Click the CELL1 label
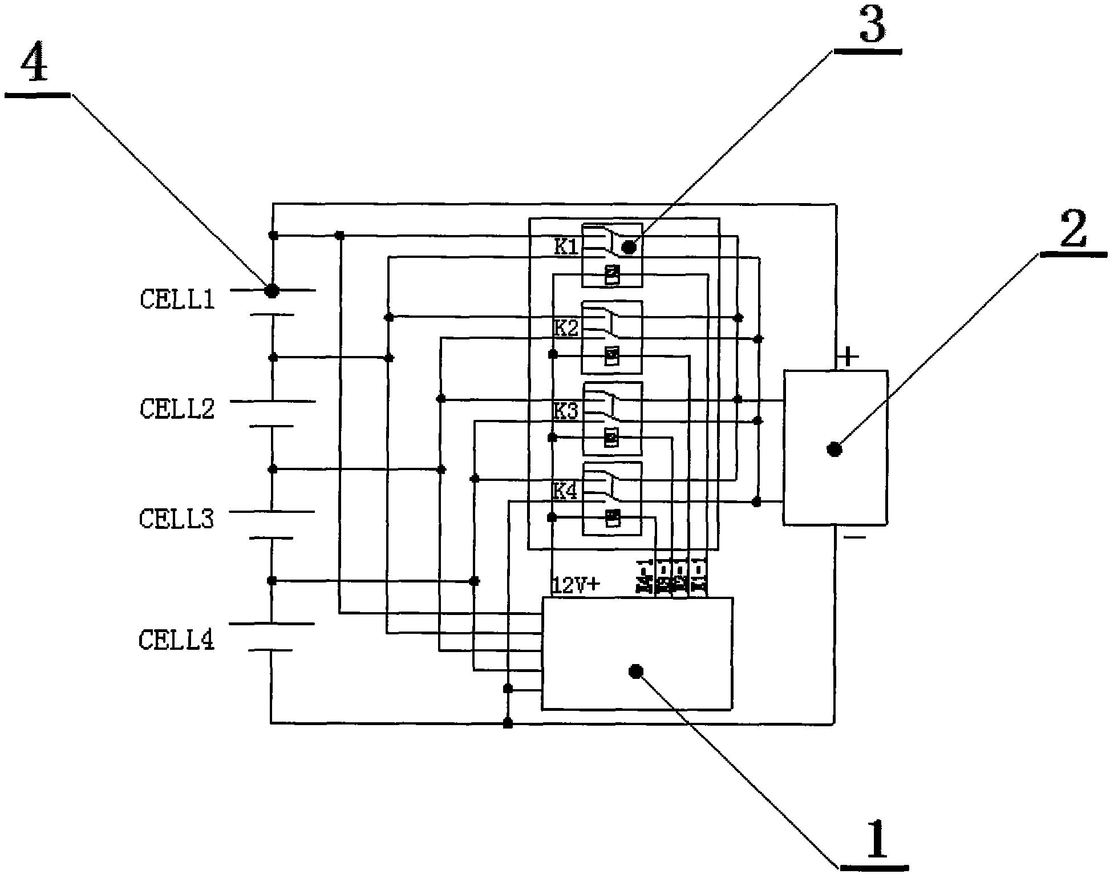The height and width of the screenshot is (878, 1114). pyautogui.click(x=177, y=300)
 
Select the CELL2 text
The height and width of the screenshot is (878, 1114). pyautogui.click(x=177, y=409)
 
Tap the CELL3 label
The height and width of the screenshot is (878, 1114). pyautogui.click(x=177, y=519)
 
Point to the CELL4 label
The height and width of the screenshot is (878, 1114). pyautogui.click(x=177, y=640)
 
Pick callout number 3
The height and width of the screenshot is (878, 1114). pyautogui.click(x=872, y=25)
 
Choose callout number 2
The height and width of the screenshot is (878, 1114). pyautogui.click(x=1073, y=228)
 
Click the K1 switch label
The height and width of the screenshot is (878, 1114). pyautogui.click(x=566, y=247)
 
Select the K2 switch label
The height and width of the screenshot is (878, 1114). pyautogui.click(x=566, y=329)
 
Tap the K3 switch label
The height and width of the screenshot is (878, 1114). pyautogui.click(x=566, y=411)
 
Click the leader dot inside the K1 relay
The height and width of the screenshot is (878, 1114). pyautogui.click(x=629, y=248)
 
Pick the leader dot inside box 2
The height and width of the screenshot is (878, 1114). pyautogui.click(x=835, y=450)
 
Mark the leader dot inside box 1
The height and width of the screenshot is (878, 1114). pyautogui.click(x=635, y=671)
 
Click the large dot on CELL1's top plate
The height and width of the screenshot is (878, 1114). pyautogui.click(x=272, y=290)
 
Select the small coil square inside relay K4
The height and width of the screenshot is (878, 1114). pyautogui.click(x=613, y=517)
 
